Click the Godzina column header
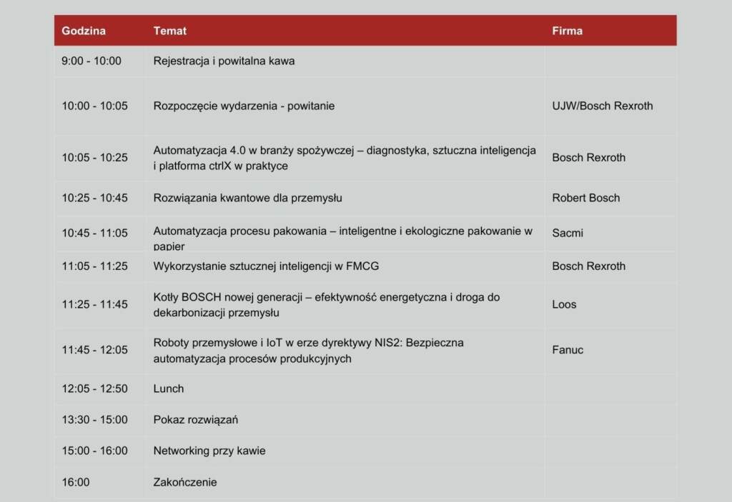84,31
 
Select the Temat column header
170,31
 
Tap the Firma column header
567,31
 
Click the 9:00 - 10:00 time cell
91,61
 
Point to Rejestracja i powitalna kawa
224,61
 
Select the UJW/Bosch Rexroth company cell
602,106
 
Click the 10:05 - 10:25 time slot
94,157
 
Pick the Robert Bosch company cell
585,198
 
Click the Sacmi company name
568,233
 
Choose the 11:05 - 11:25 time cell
94,266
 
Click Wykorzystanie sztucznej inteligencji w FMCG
266,266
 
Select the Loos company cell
564,304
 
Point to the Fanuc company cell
568,350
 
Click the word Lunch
169,388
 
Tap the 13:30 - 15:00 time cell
94,420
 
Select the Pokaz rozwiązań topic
196,420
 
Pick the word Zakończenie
185,482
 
